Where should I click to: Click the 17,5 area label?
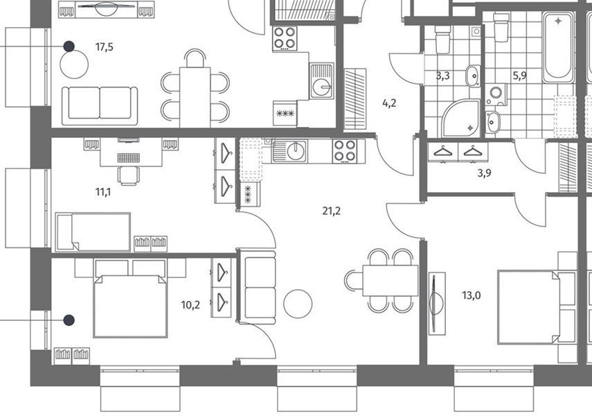(104, 47)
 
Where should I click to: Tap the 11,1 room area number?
(103, 193)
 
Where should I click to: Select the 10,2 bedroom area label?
(190, 305)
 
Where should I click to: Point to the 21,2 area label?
(332, 211)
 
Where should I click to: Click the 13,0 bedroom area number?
(472, 295)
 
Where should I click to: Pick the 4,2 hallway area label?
(389, 103)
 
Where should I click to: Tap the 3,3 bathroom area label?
(443, 76)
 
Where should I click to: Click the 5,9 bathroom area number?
(519, 76)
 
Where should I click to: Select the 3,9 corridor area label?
(485, 173)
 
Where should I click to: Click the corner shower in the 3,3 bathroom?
(461, 118)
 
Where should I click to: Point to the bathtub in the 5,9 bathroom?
(558, 47)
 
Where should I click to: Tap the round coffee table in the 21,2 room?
(298, 304)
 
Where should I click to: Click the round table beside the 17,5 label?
(74, 64)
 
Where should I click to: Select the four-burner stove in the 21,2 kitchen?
(345, 151)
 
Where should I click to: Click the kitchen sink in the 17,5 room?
(321, 81)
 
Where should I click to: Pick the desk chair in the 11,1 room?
(129, 176)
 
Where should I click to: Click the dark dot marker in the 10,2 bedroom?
(69, 320)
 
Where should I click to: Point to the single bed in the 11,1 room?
(93, 232)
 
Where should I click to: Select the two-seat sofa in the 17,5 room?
(100, 105)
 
